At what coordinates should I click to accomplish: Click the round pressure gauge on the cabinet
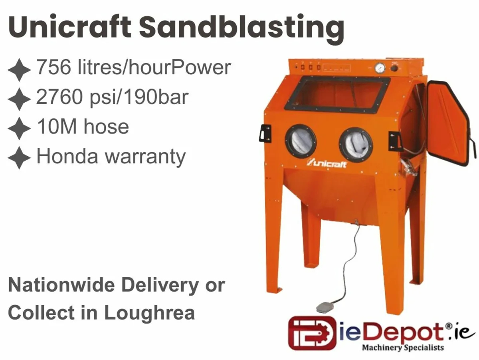[x=380, y=68]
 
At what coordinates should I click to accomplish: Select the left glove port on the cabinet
[x=301, y=141]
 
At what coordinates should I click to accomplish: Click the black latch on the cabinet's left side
[x=265, y=133]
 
